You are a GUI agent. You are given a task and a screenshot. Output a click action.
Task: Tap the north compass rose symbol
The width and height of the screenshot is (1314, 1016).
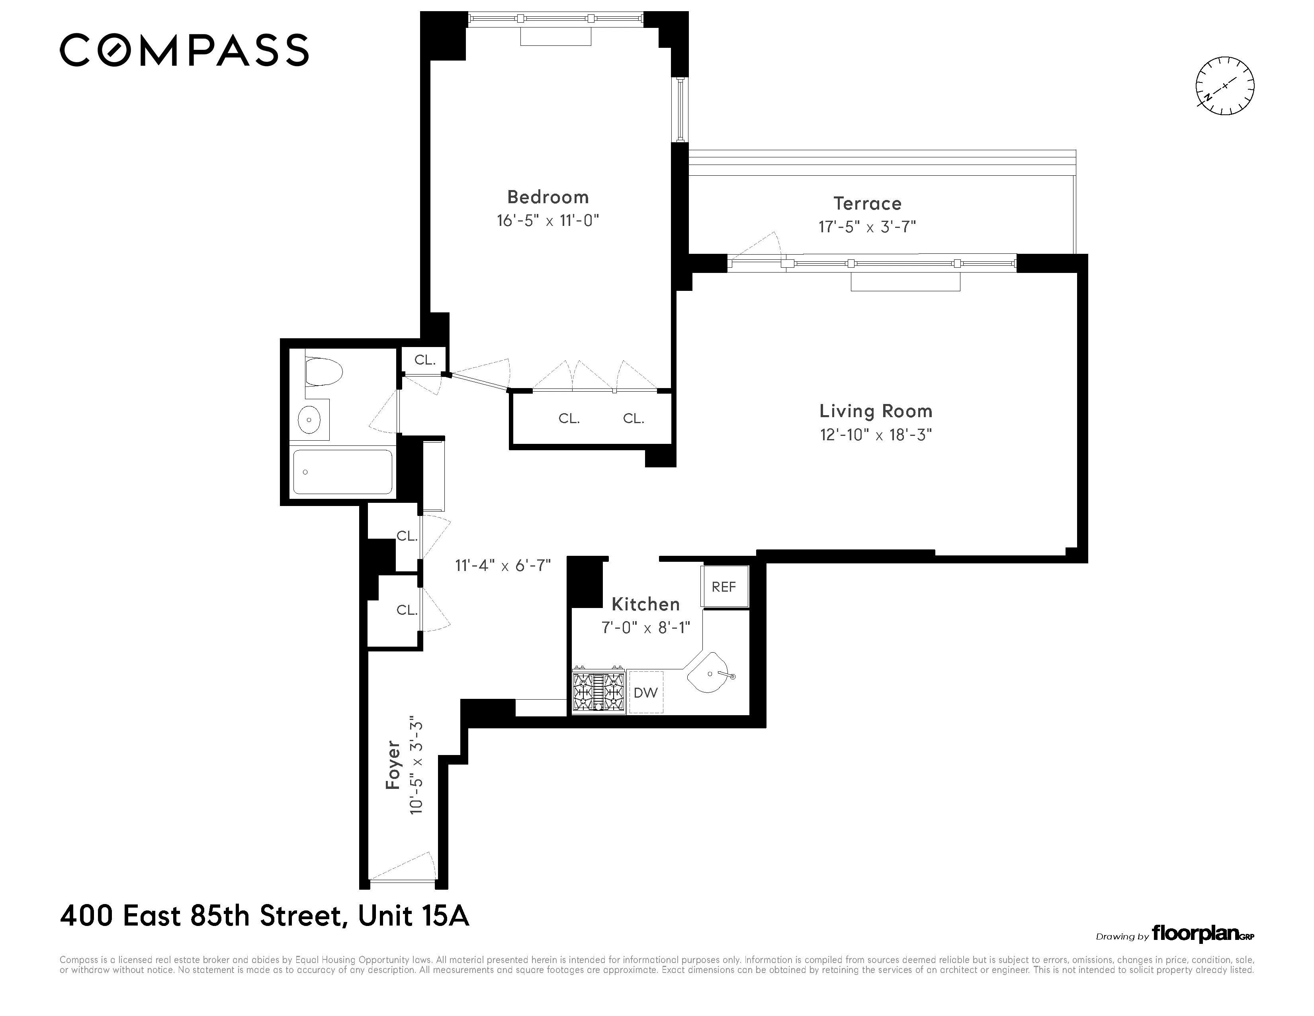coord(1224,86)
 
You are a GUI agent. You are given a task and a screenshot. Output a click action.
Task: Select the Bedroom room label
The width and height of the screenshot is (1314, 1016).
coord(547,197)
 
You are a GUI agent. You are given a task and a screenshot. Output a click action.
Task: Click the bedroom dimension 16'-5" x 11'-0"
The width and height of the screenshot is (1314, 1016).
coord(547,220)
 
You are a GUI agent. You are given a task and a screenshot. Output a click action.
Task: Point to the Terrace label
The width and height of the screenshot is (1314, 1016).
coord(867,204)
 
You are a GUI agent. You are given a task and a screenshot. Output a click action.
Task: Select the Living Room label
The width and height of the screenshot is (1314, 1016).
coord(875,411)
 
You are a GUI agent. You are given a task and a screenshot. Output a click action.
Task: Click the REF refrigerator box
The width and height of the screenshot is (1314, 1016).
coord(724,587)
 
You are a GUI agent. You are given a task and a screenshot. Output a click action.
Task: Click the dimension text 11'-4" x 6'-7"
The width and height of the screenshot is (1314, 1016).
coord(503,566)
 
